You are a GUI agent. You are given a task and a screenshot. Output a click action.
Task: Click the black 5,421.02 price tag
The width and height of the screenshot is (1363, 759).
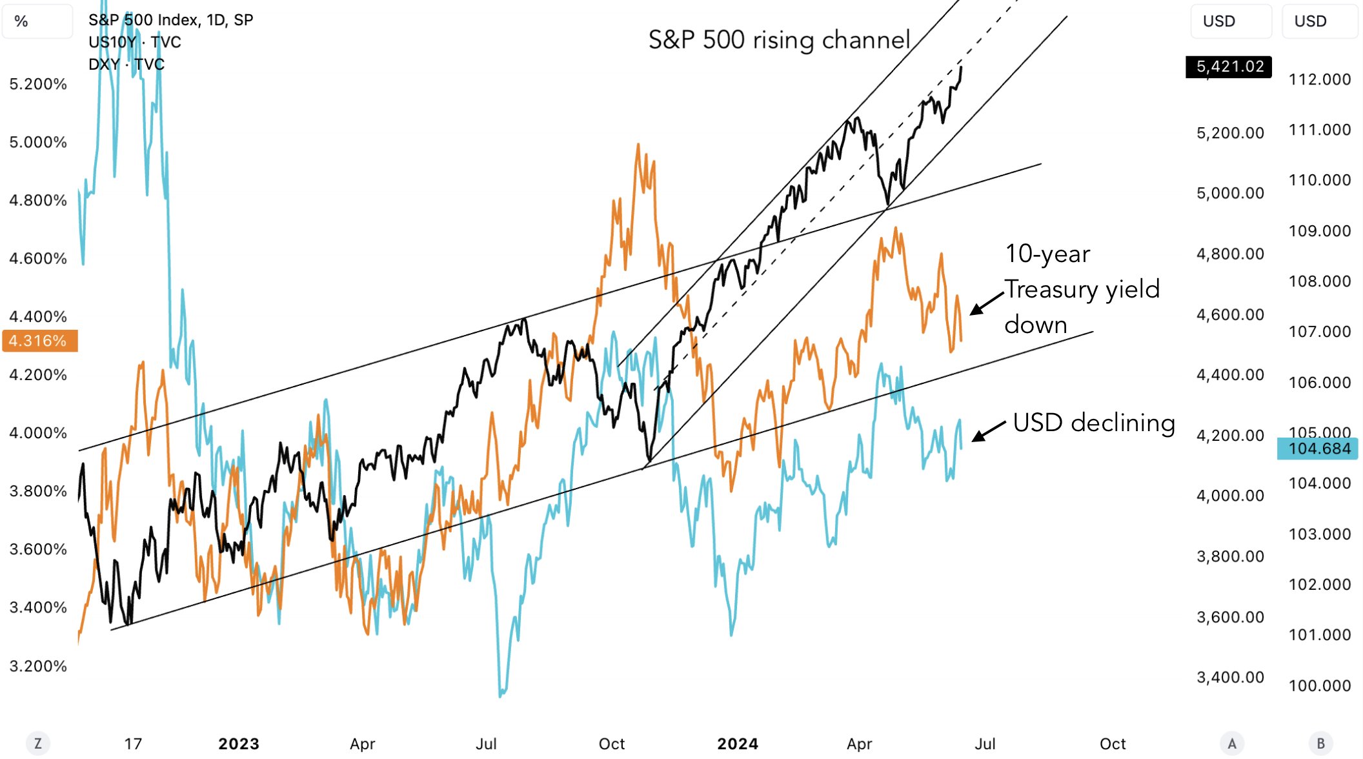1229,66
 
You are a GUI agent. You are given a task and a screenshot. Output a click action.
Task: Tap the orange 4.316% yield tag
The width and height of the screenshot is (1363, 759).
39,341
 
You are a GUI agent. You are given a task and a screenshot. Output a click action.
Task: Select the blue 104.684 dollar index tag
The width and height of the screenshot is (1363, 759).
1318,449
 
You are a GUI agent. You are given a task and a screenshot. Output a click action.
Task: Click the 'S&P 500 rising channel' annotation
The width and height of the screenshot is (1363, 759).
779,40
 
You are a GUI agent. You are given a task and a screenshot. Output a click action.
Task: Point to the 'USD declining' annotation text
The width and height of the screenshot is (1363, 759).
1093,423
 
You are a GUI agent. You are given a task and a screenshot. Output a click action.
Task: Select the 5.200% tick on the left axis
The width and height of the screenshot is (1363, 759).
38,84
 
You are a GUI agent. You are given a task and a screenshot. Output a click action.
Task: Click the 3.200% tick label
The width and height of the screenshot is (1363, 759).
38,666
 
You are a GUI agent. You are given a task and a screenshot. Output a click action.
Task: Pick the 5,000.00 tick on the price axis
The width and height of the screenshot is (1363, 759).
1230,193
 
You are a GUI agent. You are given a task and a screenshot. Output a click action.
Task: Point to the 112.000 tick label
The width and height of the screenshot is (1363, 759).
1319,79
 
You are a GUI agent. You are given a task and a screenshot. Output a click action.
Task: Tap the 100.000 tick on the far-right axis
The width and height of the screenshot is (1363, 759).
1319,685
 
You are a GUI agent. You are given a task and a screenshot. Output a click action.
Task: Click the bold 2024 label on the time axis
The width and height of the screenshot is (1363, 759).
738,744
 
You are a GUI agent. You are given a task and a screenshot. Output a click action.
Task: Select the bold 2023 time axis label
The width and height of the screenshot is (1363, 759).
239,744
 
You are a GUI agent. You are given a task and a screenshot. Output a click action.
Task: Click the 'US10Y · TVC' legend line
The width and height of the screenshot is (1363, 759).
135,42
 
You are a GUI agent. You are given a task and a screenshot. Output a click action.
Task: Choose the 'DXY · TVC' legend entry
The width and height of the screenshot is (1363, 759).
126,64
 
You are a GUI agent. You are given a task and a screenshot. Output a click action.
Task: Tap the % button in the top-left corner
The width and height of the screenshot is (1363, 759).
21,21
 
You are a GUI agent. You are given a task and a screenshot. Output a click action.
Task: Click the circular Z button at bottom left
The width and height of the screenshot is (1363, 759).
38,744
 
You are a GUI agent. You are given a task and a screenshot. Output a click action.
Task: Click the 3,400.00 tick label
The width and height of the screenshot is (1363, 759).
1230,677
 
